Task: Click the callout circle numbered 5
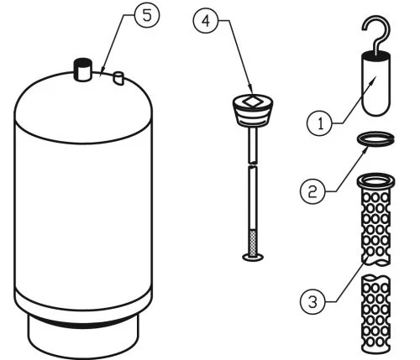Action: [x=147, y=15]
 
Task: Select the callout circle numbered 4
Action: [x=206, y=21]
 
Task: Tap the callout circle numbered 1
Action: [x=320, y=123]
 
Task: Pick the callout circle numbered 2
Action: [x=312, y=191]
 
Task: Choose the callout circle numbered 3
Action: [x=312, y=301]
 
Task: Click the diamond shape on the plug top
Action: [x=252, y=102]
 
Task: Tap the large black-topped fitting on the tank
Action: [x=82, y=70]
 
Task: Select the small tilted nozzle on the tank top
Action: [x=118, y=78]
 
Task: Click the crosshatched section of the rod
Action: [x=253, y=243]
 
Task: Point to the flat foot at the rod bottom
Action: [x=253, y=257]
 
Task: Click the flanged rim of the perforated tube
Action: [x=375, y=180]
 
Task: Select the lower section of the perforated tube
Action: [x=375, y=315]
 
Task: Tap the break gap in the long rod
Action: [x=253, y=164]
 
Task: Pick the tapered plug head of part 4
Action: [x=253, y=111]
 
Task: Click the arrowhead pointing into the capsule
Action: [x=374, y=80]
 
